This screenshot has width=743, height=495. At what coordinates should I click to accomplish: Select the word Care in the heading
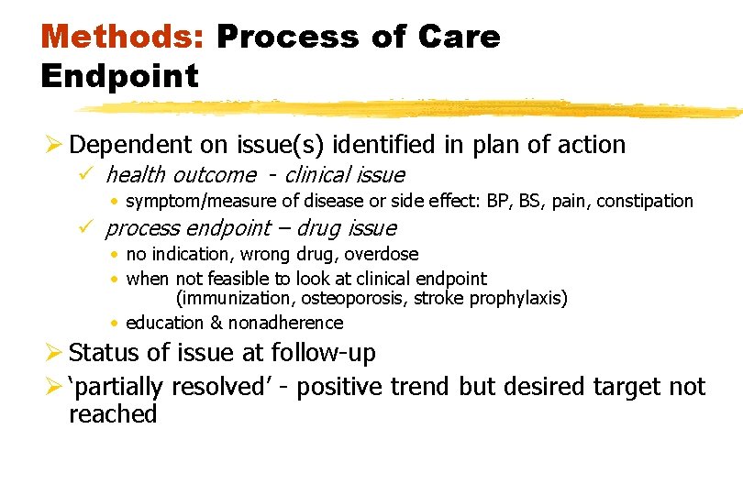point(460,37)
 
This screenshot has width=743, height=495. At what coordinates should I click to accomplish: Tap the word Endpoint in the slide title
point(119,76)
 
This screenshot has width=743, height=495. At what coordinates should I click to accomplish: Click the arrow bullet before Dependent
point(53,145)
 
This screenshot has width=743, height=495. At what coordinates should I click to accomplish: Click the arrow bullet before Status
point(53,353)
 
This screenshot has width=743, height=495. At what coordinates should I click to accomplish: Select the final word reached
point(113,414)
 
